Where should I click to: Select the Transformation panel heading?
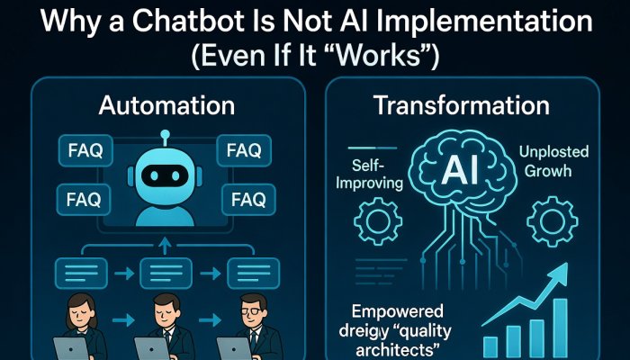tap(461, 105)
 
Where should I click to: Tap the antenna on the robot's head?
tap(164, 137)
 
